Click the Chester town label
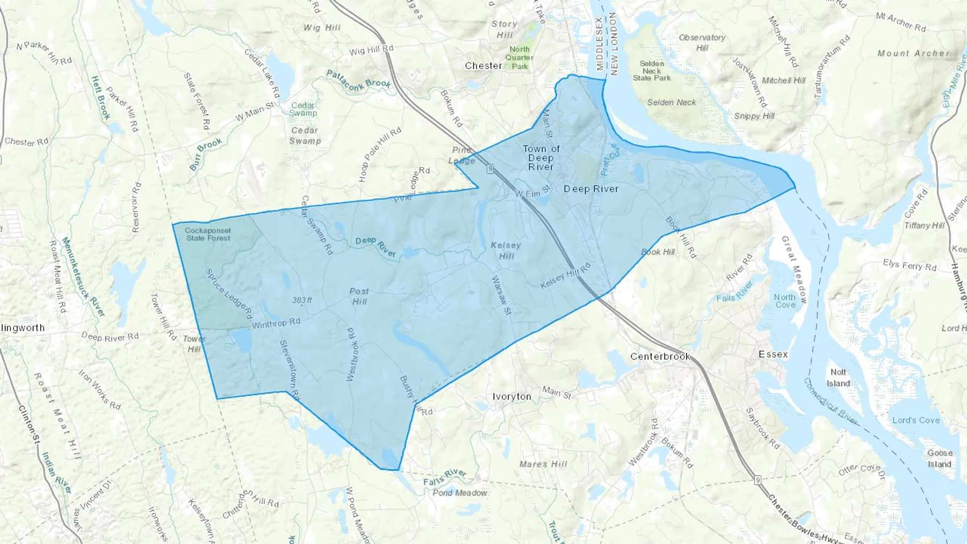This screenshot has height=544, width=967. [x=484, y=66]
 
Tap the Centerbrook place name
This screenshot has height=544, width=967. [x=660, y=356]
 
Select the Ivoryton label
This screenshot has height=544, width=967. [x=511, y=396]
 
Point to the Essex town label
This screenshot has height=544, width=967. [x=773, y=354]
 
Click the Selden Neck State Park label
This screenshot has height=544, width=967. [x=652, y=70]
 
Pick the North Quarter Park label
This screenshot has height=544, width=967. [x=519, y=57]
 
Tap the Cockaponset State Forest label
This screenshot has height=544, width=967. [x=208, y=234]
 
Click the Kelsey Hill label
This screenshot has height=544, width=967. [x=506, y=250]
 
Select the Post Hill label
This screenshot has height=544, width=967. [x=359, y=296]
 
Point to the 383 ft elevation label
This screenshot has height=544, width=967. [x=302, y=300]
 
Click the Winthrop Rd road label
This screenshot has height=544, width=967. [x=276, y=323]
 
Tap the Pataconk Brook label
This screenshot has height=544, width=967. [x=358, y=81]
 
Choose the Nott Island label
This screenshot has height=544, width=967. [x=838, y=378]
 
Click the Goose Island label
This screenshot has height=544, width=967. [x=940, y=458]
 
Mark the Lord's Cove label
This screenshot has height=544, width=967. [x=916, y=420]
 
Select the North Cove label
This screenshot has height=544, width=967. [x=785, y=301]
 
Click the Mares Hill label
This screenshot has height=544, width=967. [x=543, y=464]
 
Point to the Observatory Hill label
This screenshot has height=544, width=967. [x=702, y=42]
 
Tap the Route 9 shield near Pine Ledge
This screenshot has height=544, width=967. [x=490, y=169]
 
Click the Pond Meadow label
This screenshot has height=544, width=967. [x=460, y=492]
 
